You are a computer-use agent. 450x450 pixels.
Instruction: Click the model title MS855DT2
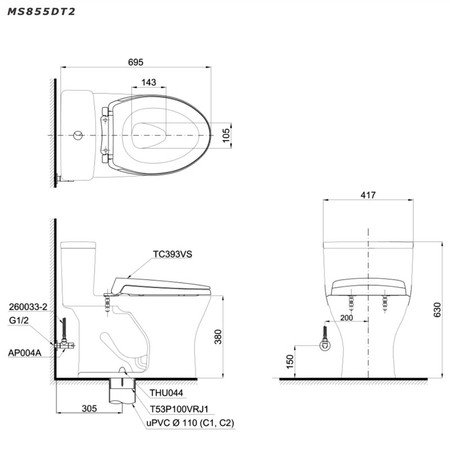(41, 11)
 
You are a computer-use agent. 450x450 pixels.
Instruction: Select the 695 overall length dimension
(136, 62)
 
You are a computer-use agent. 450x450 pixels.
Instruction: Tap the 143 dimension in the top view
(148, 82)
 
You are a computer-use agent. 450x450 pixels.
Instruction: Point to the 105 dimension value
(226, 135)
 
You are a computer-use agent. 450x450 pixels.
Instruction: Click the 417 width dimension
(368, 195)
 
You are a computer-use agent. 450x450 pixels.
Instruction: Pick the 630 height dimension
(437, 310)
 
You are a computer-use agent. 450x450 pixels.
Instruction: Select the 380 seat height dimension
(218, 336)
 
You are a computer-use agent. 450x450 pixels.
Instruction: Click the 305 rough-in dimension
(89, 408)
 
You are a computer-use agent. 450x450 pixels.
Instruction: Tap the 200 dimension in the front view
(346, 318)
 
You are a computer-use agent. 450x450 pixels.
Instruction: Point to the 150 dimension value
(290, 362)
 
